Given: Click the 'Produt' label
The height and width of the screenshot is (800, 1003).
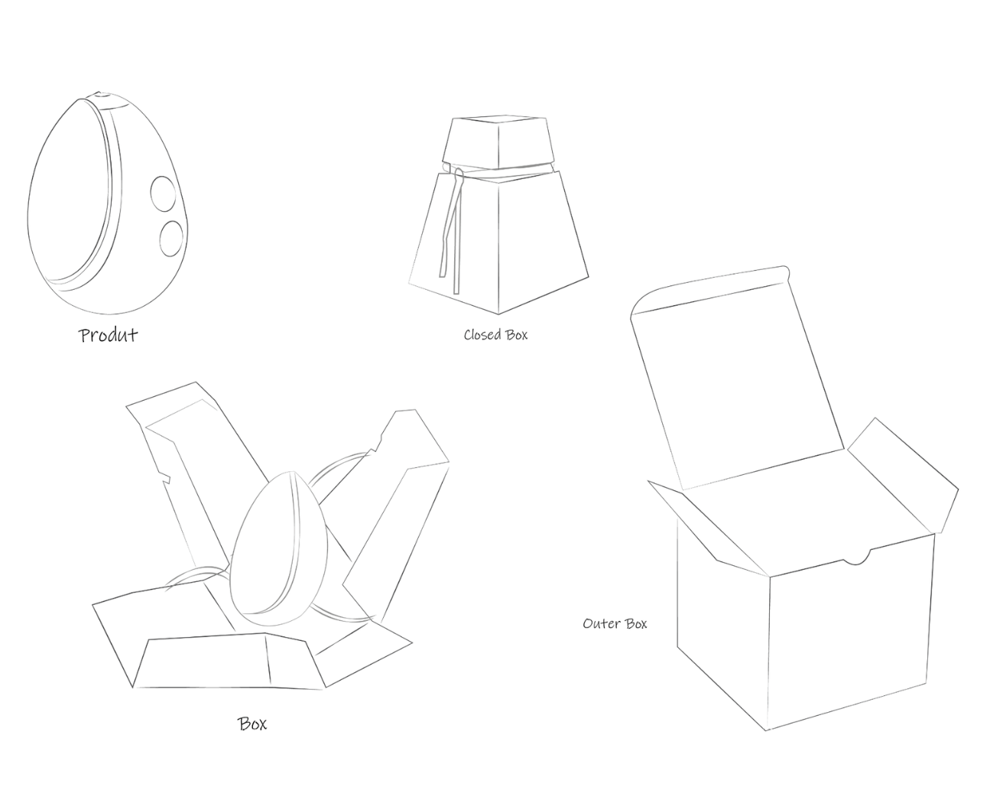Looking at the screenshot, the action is (109, 335).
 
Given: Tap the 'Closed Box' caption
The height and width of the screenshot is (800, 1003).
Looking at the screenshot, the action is (495, 334).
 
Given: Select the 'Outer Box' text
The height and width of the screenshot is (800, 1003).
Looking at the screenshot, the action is (615, 623).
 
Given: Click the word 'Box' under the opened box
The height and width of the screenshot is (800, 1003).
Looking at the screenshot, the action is (252, 724).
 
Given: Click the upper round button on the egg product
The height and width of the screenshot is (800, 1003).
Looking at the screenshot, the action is (161, 193).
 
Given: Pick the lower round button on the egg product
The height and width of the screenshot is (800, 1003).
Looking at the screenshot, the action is (171, 238).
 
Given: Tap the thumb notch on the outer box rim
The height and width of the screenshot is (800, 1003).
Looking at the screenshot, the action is (856, 558).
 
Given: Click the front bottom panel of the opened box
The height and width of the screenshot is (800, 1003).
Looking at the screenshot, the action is (229, 662).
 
